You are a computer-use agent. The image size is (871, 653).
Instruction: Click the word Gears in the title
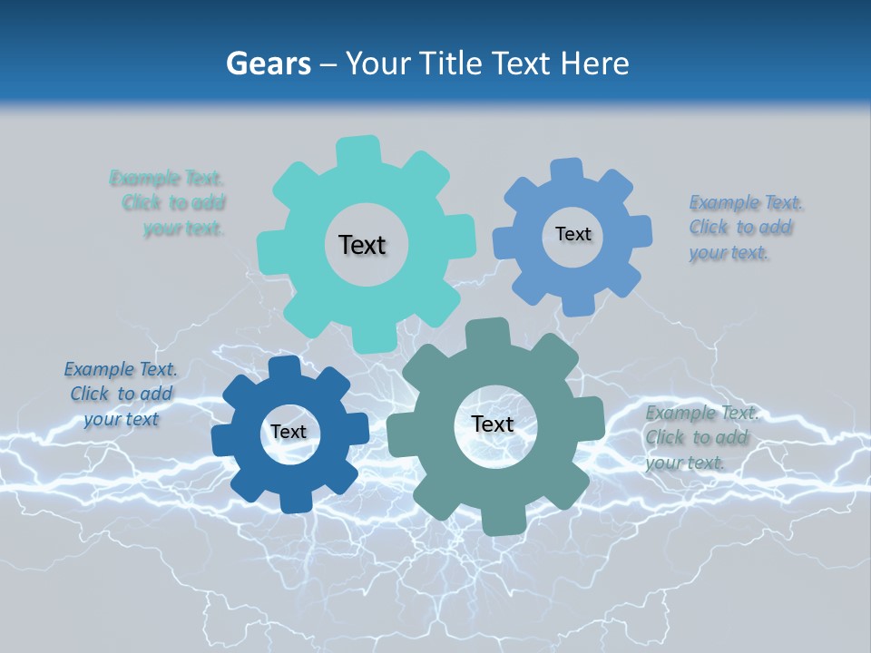point(269,64)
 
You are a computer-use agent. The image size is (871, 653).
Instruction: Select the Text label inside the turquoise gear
point(362,245)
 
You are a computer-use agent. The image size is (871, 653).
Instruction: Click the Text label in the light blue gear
point(573,234)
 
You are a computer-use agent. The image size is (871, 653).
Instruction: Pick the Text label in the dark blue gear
point(289,432)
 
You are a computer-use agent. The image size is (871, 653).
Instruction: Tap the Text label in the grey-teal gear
point(493,424)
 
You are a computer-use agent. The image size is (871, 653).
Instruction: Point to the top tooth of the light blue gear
point(567,171)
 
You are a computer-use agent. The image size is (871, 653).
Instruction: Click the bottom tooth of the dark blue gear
point(295,500)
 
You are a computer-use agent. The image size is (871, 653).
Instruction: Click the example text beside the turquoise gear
point(171,203)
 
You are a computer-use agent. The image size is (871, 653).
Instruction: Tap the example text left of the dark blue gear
point(121,394)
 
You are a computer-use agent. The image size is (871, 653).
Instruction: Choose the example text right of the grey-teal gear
point(698,437)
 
